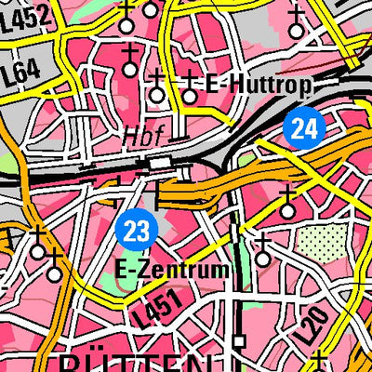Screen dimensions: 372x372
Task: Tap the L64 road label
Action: tap(26, 72)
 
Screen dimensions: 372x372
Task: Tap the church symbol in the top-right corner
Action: tap(297, 22)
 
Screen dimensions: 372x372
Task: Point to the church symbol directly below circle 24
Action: tap(287, 204)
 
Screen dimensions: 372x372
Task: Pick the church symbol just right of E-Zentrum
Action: tap(263, 247)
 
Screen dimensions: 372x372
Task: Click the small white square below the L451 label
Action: tap(238, 341)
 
